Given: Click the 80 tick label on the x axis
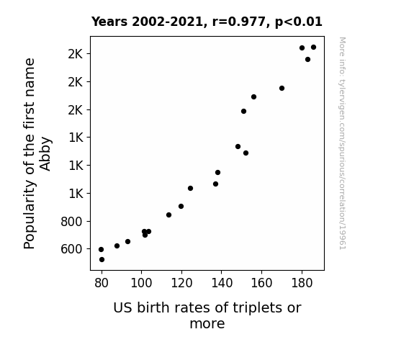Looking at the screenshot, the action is (102, 284).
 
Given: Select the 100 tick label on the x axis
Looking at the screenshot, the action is (142, 284).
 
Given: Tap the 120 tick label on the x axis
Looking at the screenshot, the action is (181, 284).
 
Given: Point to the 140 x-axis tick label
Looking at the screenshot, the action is (222, 284).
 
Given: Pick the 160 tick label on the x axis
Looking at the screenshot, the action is (261, 284).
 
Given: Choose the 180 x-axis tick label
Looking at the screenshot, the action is (302, 284).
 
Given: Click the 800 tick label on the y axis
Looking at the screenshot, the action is (71, 222).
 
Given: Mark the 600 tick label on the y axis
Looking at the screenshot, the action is (71, 249).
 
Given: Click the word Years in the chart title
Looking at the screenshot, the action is (109, 22).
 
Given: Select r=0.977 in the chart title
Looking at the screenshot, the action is (239, 22).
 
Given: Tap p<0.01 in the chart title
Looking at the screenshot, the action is (299, 22).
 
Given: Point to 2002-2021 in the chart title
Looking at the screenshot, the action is (167, 22).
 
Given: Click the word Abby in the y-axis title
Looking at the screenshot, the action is (45, 153).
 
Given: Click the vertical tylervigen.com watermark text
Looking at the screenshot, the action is (343, 143).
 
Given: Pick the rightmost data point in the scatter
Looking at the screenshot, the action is (313, 48).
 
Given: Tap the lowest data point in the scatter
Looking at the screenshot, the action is (102, 260).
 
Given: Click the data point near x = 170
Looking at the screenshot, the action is (282, 89).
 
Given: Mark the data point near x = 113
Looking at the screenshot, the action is (168, 215).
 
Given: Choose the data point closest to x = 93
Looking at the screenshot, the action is (127, 242).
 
